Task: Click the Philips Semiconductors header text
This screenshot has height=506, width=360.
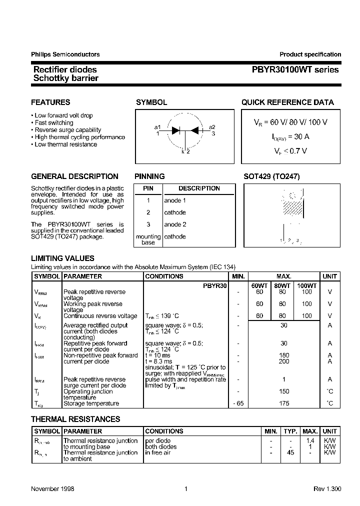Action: click(65, 54)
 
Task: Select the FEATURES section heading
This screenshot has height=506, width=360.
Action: click(50, 102)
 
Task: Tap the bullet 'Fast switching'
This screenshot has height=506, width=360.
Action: click(53, 122)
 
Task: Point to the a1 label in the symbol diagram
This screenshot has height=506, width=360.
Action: click(157, 127)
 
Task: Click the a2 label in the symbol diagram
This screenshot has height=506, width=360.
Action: click(212, 127)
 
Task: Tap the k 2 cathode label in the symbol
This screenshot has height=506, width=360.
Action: click(185, 151)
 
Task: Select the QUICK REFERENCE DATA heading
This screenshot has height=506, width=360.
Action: click(287, 102)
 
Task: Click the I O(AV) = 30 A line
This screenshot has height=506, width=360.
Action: click(290, 136)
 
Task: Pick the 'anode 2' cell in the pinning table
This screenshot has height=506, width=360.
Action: click(175, 224)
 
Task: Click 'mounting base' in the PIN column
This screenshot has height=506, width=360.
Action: click(148, 239)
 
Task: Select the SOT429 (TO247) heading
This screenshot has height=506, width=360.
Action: click(271, 176)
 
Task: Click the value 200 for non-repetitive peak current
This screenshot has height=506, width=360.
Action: click(284, 361)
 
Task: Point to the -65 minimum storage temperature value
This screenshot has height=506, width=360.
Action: click(238, 403)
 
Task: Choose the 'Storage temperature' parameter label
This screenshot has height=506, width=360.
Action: click(91, 403)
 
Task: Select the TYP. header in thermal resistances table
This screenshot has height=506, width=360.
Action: click(290, 431)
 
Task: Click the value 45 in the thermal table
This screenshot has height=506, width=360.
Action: click(290, 452)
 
